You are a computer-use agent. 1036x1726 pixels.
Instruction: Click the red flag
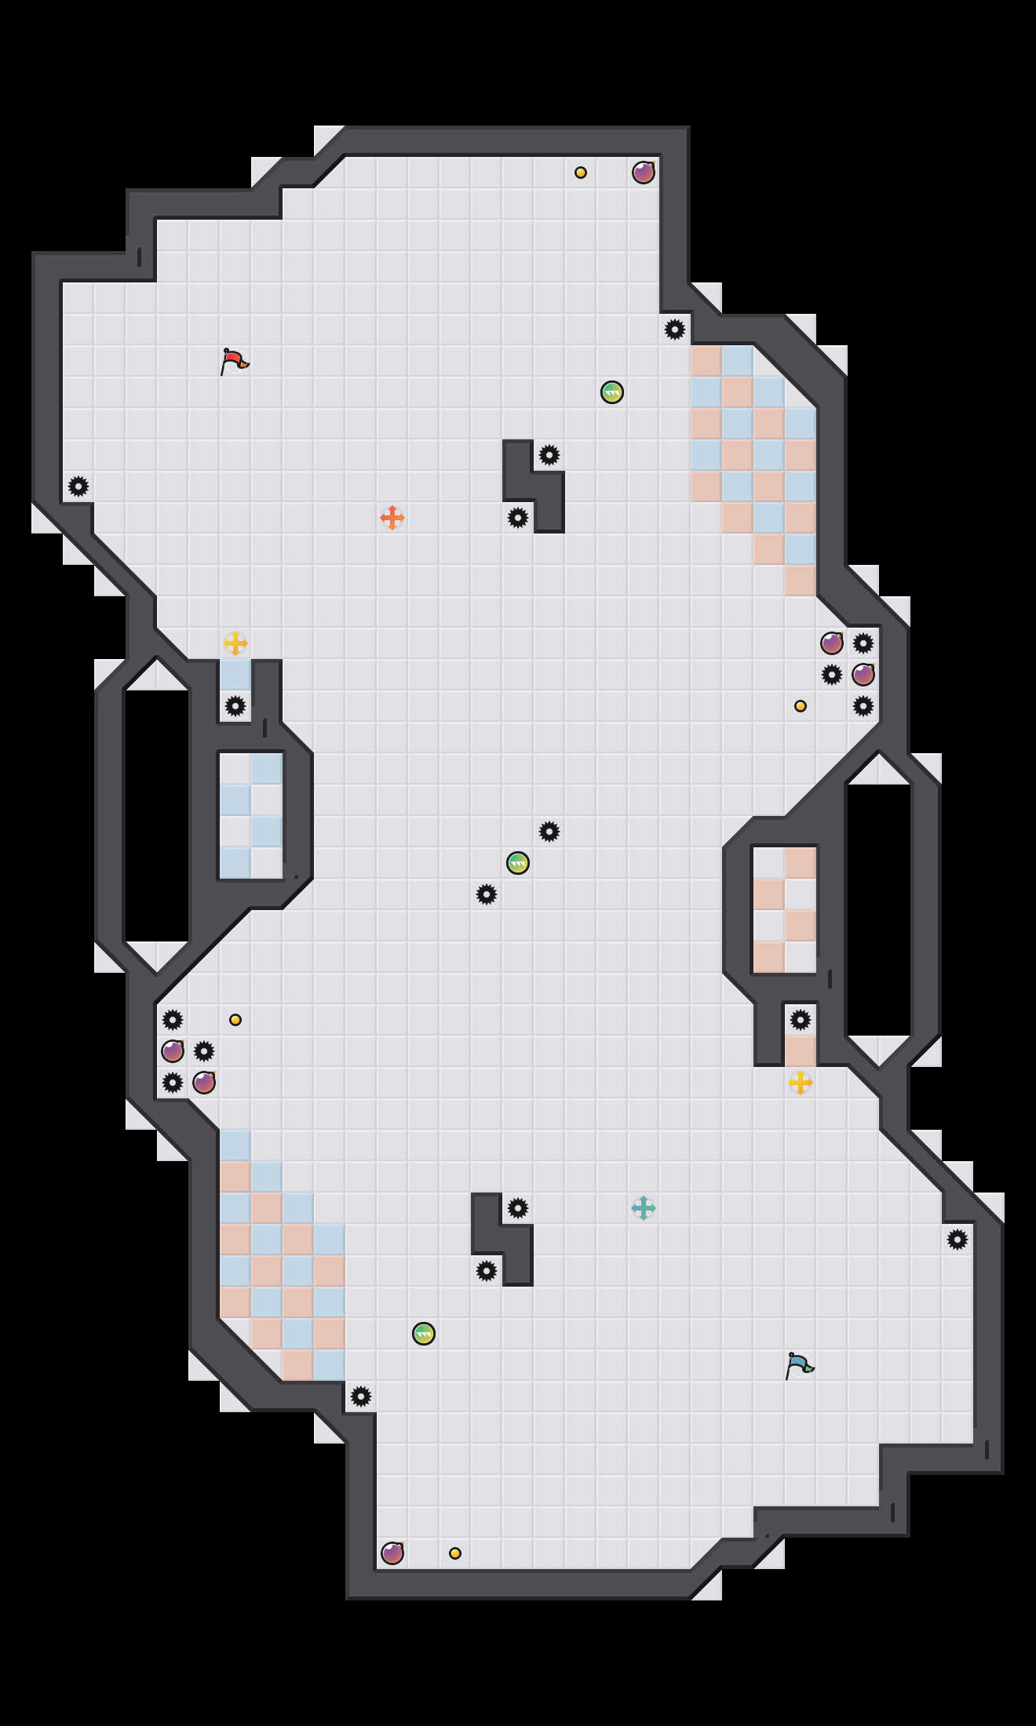tap(234, 361)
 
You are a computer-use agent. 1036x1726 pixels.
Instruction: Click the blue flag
tap(799, 1365)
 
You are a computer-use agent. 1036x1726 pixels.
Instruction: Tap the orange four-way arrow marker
tap(392, 518)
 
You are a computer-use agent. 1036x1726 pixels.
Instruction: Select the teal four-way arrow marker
tap(644, 1208)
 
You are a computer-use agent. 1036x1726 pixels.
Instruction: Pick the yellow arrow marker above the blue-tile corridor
tap(235, 643)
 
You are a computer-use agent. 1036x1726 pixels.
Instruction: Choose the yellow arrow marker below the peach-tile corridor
tap(801, 1083)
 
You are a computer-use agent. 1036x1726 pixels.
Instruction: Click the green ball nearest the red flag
tap(612, 392)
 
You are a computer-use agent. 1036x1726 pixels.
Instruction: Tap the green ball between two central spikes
tap(518, 863)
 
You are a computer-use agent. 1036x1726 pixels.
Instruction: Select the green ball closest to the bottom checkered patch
tap(424, 1334)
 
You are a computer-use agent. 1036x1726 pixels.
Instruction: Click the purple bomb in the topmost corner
tap(644, 173)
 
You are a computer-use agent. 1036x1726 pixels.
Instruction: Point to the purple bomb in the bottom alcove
tap(392, 1553)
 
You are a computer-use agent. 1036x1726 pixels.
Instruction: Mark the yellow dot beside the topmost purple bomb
tap(581, 173)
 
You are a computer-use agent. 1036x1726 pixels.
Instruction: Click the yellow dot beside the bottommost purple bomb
tap(455, 1553)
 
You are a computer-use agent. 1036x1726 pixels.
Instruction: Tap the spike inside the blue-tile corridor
tap(235, 706)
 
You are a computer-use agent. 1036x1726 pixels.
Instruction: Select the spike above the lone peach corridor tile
tap(801, 1020)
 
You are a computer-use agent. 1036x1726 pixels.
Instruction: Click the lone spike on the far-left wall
tap(78, 486)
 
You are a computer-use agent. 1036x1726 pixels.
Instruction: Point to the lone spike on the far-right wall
tap(958, 1240)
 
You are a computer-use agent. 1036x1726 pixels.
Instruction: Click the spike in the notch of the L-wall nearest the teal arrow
tap(518, 1208)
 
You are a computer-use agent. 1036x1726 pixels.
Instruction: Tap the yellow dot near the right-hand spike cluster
tap(801, 706)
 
